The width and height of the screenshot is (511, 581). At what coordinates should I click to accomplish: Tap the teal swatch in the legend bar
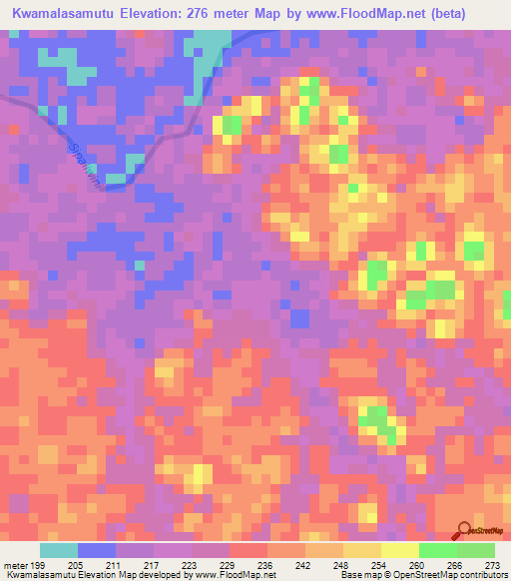pyautogui.click(x=59, y=549)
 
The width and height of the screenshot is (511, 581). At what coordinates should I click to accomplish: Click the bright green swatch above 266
pyautogui.click(x=438, y=549)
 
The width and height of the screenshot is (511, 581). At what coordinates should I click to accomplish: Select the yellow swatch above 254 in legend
pyautogui.click(x=362, y=549)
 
